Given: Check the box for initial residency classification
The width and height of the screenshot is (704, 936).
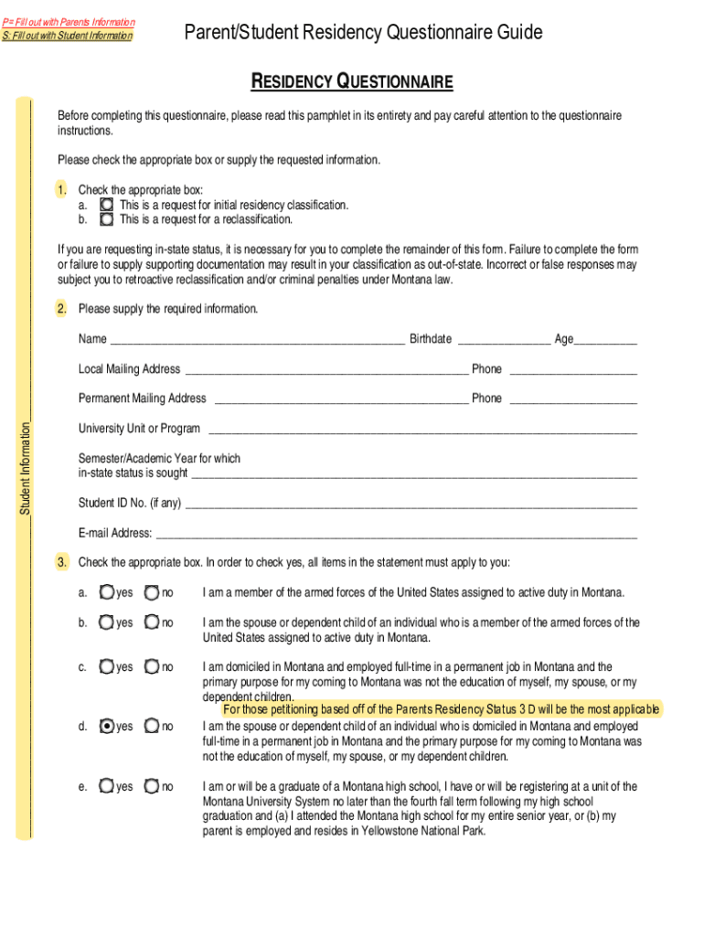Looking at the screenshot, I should click(107, 206).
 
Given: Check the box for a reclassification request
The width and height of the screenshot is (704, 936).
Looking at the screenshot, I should click(107, 220).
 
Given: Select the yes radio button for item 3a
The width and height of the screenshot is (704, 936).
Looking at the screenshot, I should click(107, 593).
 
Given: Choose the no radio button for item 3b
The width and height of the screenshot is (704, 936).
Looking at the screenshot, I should click(152, 623).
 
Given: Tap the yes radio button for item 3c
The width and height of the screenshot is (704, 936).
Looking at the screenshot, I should click(107, 667).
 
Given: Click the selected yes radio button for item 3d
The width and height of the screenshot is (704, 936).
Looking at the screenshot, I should click(107, 727).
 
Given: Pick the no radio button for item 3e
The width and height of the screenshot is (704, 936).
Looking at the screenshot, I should click(152, 786).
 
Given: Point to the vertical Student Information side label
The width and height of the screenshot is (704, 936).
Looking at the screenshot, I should click(25, 467).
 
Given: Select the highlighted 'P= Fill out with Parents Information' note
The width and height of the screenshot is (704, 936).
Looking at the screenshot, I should click(68, 22).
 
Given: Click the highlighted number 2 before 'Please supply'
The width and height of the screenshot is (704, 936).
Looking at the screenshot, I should click(61, 309).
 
